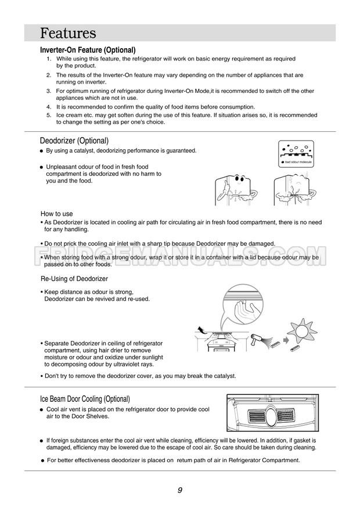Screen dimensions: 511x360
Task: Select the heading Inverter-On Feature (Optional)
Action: click(88, 50)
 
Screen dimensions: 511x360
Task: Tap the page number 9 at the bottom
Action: click(180, 490)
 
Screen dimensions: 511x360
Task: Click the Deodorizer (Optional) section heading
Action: click(74, 141)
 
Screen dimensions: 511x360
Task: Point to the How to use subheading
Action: click(57, 214)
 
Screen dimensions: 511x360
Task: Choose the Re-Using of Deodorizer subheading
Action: click(74, 279)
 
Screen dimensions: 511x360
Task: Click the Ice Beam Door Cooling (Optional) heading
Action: click(85, 399)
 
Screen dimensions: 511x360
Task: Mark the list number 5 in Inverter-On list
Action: click(48, 115)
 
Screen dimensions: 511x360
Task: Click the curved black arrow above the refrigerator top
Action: click(201, 329)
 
